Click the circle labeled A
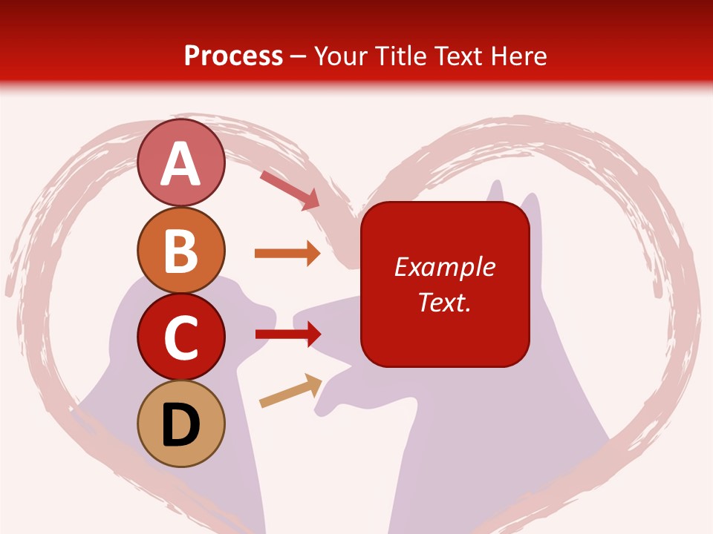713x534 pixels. tap(181, 163)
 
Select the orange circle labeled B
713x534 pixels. tap(181, 251)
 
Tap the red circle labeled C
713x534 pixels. tap(181, 337)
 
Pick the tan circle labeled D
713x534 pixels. tap(181, 424)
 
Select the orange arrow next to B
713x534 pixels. tap(287, 254)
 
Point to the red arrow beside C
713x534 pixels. tap(288, 334)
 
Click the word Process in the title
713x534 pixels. tap(233, 56)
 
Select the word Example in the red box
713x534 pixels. tap(445, 268)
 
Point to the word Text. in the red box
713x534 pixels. tap(445, 302)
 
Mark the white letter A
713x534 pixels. tap(181, 164)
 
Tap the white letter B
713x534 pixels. tap(181, 251)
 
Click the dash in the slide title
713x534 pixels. tap(299, 57)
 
